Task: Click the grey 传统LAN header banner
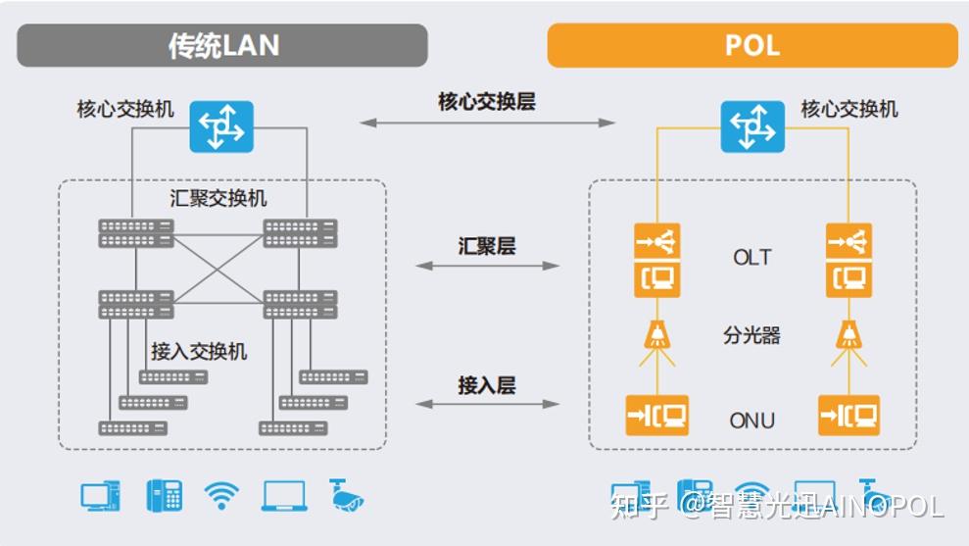tap(222, 46)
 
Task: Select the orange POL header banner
tap(751, 46)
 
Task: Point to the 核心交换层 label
tap(486, 102)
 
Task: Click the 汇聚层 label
tap(486, 245)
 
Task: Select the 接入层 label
tap(486, 385)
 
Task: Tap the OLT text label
tap(751, 258)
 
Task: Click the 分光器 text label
tap(751, 335)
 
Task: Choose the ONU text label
tap(751, 421)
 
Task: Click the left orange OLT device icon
tap(656, 261)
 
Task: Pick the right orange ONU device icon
tap(848, 416)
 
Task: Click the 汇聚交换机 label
tap(218, 199)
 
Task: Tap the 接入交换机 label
tap(199, 351)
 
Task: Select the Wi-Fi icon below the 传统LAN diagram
tap(221, 495)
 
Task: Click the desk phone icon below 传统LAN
tap(164, 495)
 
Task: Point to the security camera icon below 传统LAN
tap(346, 496)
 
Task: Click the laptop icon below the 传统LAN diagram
tap(284, 496)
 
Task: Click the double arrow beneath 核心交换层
tap(486, 123)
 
